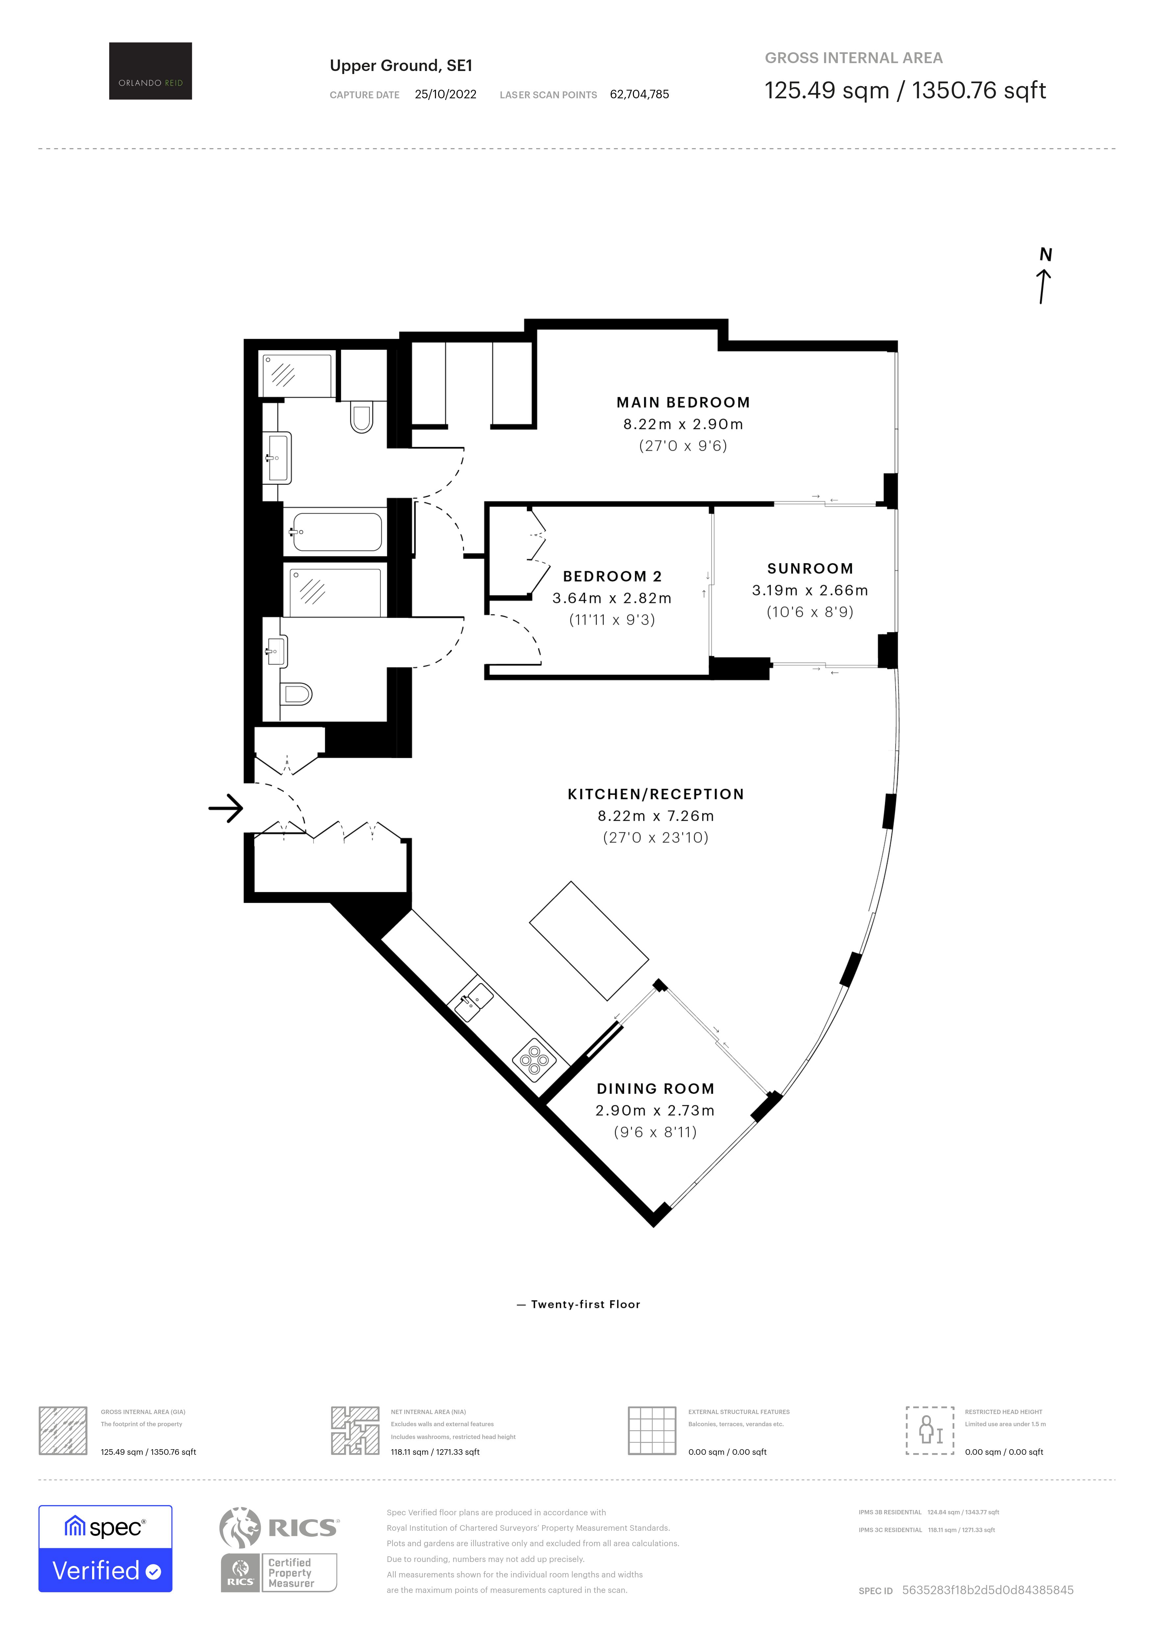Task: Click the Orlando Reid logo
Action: click(x=150, y=71)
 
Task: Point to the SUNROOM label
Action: click(x=810, y=568)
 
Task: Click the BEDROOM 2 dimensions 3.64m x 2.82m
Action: click(x=612, y=598)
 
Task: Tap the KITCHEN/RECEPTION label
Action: click(x=655, y=794)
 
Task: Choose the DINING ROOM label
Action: click(x=655, y=1088)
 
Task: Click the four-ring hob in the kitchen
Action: click(x=534, y=1061)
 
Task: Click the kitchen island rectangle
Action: click(x=589, y=941)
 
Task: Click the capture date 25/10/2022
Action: click(x=445, y=94)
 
